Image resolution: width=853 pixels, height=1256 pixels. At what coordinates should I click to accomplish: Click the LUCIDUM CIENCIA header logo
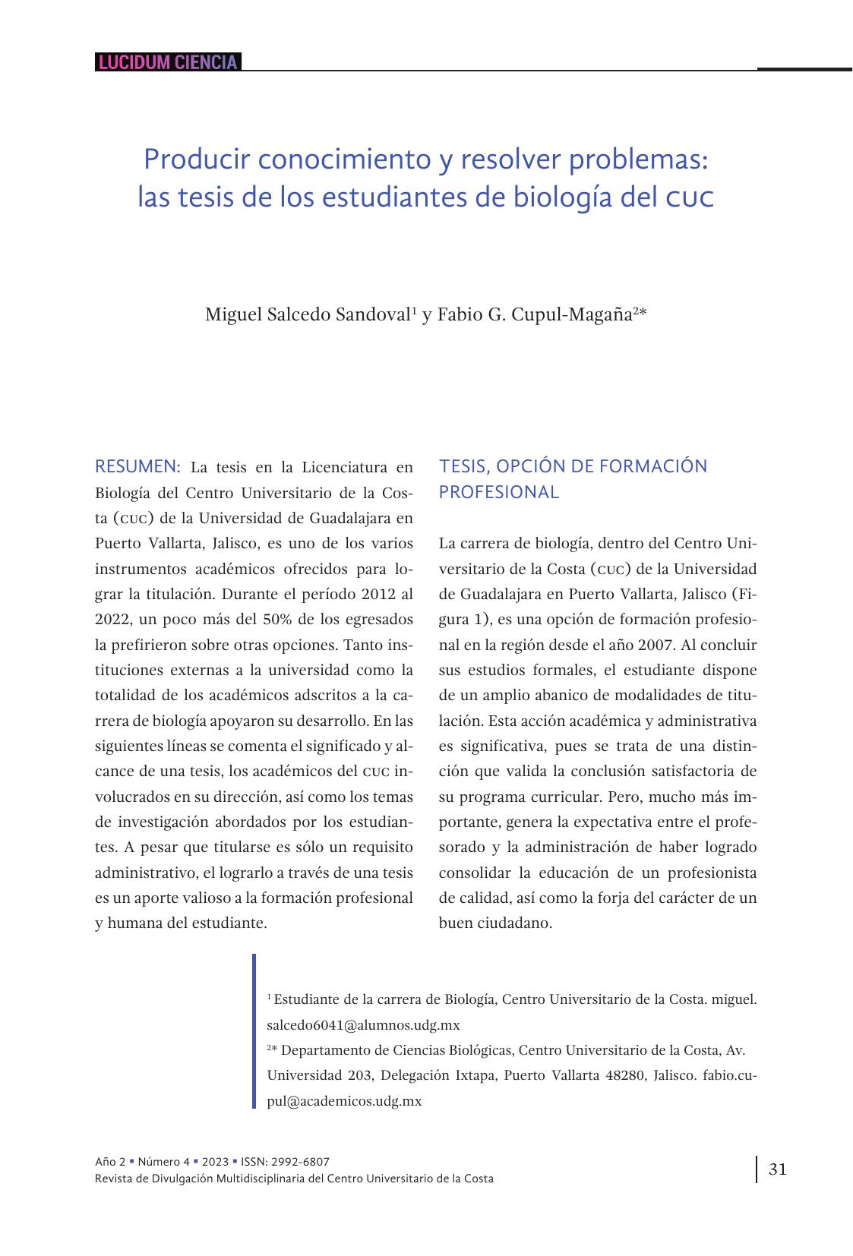point(168,62)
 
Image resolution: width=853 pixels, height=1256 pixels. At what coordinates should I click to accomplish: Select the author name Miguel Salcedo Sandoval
point(308,314)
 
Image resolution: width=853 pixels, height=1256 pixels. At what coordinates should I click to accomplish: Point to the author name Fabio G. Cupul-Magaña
point(535,314)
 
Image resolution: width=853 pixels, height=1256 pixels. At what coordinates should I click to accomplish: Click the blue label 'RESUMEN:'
point(137,466)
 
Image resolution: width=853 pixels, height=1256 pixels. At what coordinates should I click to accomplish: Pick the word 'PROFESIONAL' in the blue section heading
point(498,492)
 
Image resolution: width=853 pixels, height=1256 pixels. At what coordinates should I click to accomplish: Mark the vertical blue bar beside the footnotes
point(254,1031)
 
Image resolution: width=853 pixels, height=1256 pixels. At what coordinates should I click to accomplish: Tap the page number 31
point(778,1169)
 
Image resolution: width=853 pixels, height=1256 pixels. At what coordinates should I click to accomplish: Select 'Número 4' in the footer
point(164,1161)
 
